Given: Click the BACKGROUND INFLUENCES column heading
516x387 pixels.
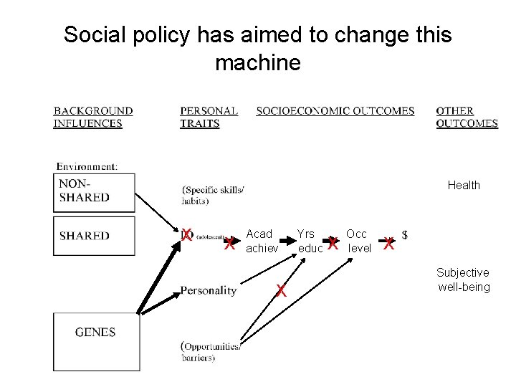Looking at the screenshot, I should pyautogui.click(x=92, y=117).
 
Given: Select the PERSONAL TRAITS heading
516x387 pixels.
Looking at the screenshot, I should pyautogui.click(x=209, y=117).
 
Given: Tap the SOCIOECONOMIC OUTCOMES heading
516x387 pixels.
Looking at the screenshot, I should pyautogui.click(x=335, y=111).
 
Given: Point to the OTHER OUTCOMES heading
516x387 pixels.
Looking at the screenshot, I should pyautogui.click(x=466, y=117).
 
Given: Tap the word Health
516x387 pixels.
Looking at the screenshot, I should pyautogui.click(x=464, y=186).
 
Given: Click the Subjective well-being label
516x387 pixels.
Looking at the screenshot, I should pyautogui.click(x=464, y=280).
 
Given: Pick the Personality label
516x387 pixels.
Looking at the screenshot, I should pyautogui.click(x=208, y=291).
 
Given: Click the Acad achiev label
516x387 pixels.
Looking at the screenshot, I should pyautogui.click(x=259, y=241).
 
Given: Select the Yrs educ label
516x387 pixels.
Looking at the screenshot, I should pyautogui.click(x=306, y=241).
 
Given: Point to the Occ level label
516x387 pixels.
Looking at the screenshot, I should pyautogui.click(x=357, y=241).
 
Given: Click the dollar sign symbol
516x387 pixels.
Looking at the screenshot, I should pyautogui.click(x=406, y=234).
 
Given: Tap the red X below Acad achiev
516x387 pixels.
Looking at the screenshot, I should pyautogui.click(x=282, y=291).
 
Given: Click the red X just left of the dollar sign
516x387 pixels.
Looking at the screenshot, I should pyautogui.click(x=388, y=244).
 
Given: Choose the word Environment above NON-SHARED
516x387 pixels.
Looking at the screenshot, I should pyautogui.click(x=87, y=167).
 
